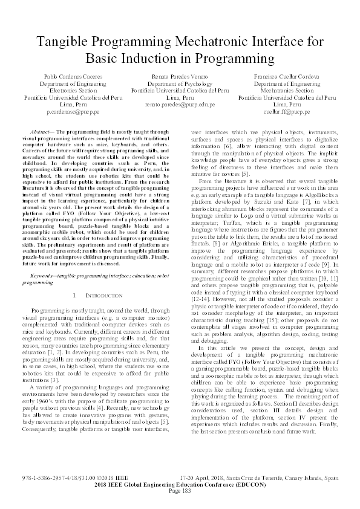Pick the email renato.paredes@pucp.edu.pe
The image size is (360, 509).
pyautogui.click(x=180, y=104)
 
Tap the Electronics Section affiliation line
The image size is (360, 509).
pyautogui.click(x=75, y=95)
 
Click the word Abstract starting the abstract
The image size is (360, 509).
pyautogui.click(x=42, y=131)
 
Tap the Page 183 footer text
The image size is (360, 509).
pyautogui.click(x=180, y=490)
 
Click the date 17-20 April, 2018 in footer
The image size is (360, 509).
pyautogui.click(x=209, y=477)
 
